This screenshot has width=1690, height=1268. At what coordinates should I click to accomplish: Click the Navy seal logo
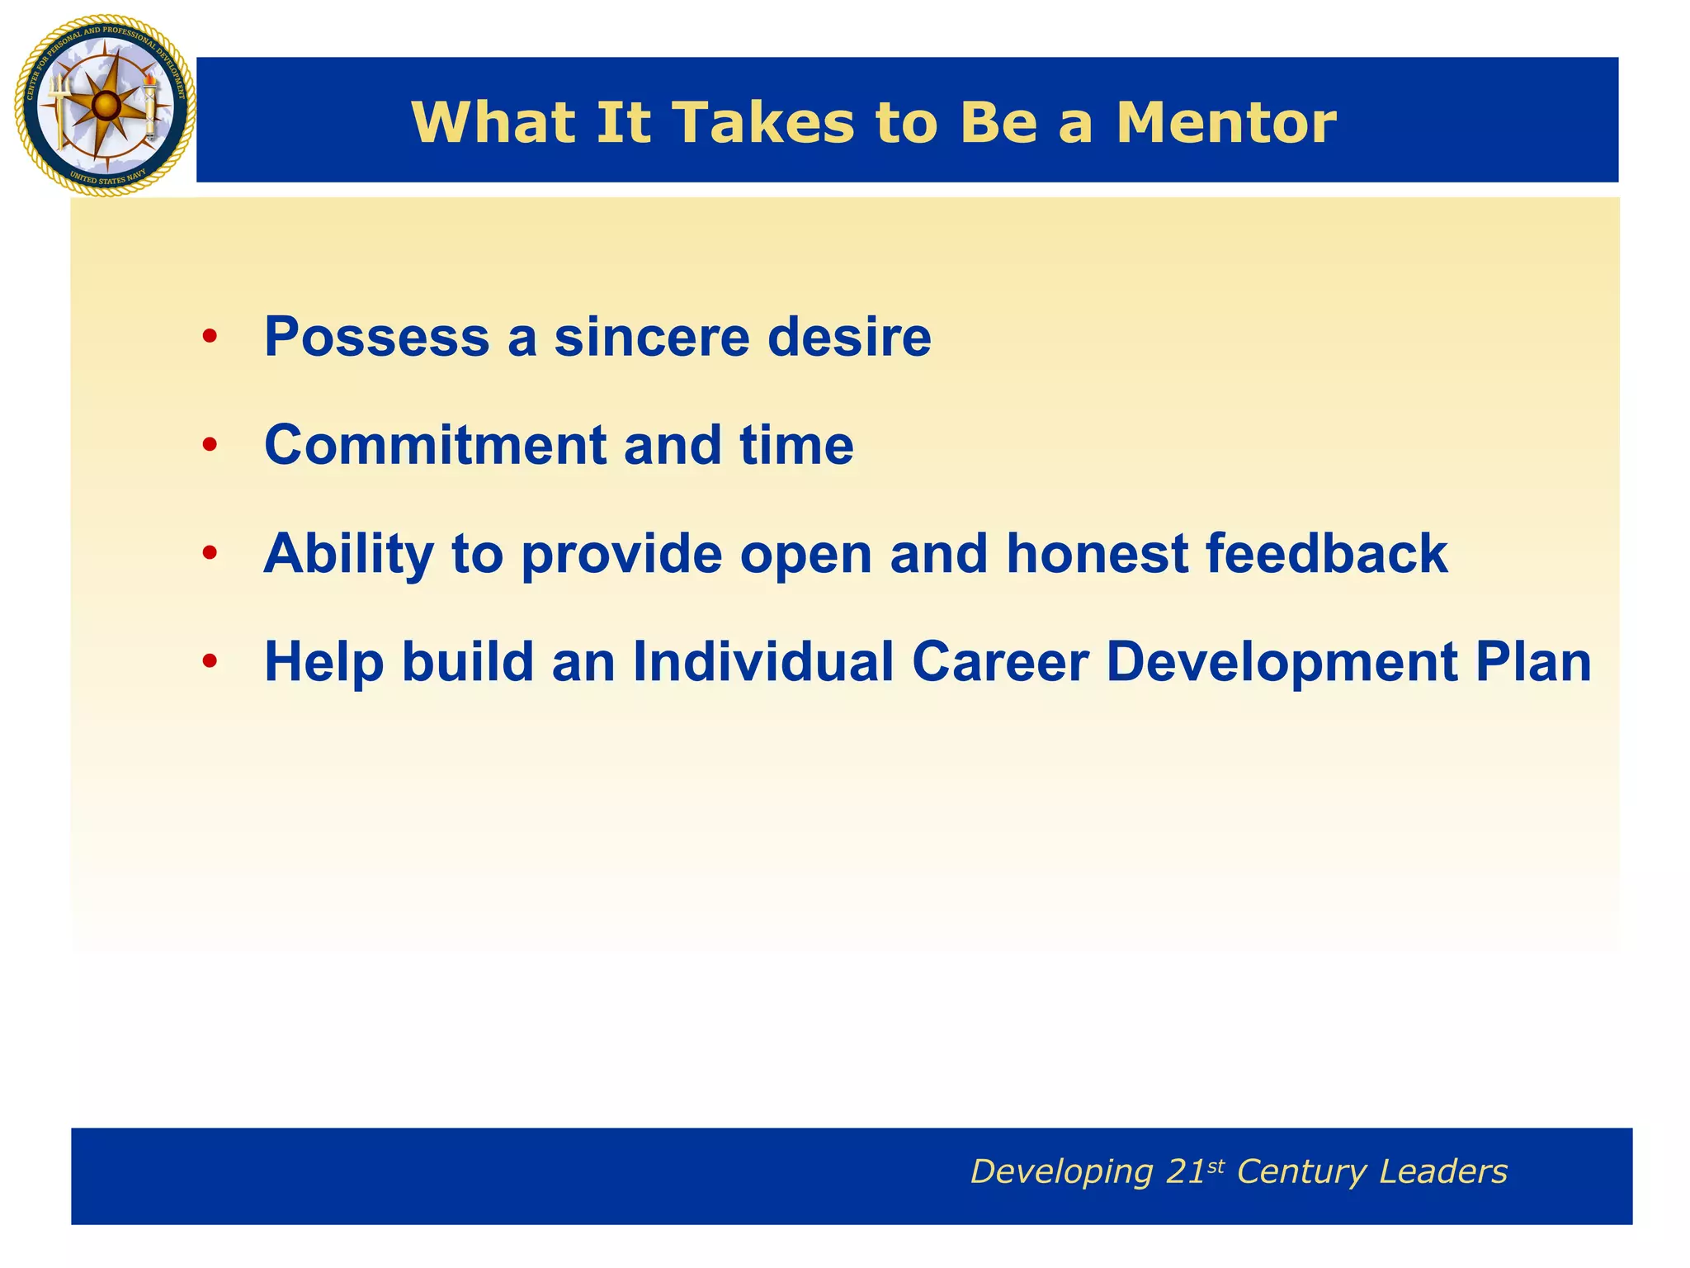[x=105, y=106]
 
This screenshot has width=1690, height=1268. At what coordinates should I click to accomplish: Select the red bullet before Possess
[x=210, y=337]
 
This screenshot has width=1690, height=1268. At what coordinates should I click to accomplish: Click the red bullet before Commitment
[x=210, y=445]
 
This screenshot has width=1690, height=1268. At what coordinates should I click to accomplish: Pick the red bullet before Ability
[x=210, y=552]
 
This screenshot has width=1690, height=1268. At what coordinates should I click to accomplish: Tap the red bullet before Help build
[x=210, y=661]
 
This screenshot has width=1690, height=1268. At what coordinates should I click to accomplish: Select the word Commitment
[x=435, y=445]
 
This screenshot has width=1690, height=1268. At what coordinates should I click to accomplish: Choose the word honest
[x=1097, y=552]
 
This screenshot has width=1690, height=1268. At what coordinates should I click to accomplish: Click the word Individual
[x=763, y=661]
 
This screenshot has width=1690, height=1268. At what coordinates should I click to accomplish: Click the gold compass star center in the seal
[x=105, y=105]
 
